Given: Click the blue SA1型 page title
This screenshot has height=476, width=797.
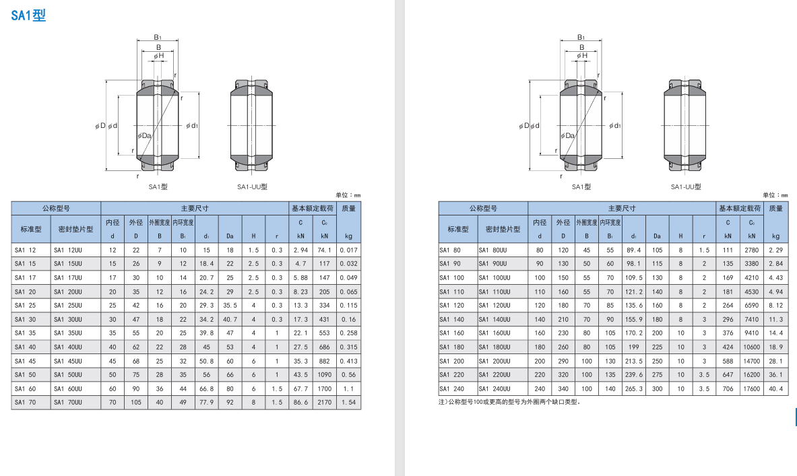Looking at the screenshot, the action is tap(28, 15).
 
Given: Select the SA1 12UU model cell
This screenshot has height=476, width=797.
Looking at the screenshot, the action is tap(67, 250).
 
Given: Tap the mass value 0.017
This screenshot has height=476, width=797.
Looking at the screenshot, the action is tap(349, 250).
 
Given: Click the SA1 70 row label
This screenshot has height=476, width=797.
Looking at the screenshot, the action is tap(26, 403).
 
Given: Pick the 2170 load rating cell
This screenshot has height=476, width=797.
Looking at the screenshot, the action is tap(324, 403).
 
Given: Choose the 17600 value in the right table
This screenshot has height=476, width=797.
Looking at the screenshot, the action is tap(751, 388).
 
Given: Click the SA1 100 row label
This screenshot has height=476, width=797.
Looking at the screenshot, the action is tap(452, 278).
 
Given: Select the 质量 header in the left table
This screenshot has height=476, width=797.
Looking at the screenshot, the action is tap(349, 208).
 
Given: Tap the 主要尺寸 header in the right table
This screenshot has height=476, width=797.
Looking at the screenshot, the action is tap(622, 208).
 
